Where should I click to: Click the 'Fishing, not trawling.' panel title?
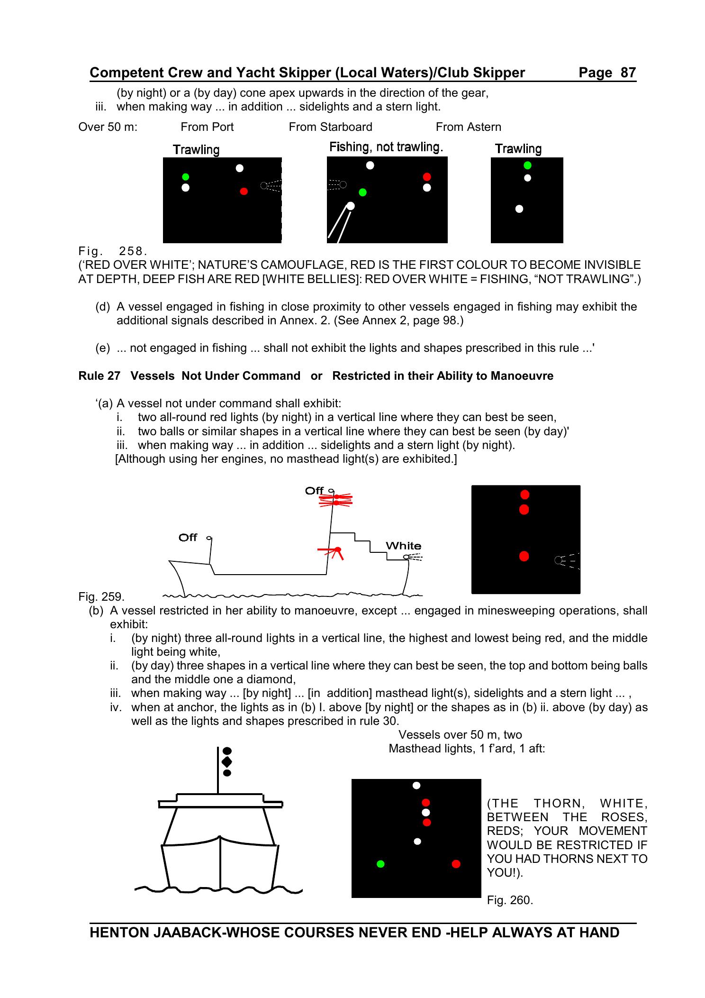tap(386, 147)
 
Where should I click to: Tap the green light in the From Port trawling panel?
tap(186, 177)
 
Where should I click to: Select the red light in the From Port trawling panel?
tap(244, 192)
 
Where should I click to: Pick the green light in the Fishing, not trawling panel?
tap(363, 192)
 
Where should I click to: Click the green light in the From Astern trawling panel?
tap(527, 165)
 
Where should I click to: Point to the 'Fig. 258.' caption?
tap(113, 250)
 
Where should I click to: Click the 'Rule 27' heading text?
tap(99, 376)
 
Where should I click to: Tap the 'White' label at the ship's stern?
tap(403, 546)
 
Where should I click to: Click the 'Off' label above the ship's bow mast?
tap(188, 537)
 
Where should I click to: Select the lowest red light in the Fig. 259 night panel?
tap(524, 556)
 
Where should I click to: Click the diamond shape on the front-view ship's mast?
tap(227, 762)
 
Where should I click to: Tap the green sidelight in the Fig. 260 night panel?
tap(380, 864)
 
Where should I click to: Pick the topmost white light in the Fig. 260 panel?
tap(416, 786)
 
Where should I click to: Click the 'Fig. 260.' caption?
tap(510, 900)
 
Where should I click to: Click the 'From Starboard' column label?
tap(330, 127)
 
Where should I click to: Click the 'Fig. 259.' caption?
tap(101, 596)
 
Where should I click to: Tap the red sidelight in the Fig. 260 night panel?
tap(456, 864)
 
